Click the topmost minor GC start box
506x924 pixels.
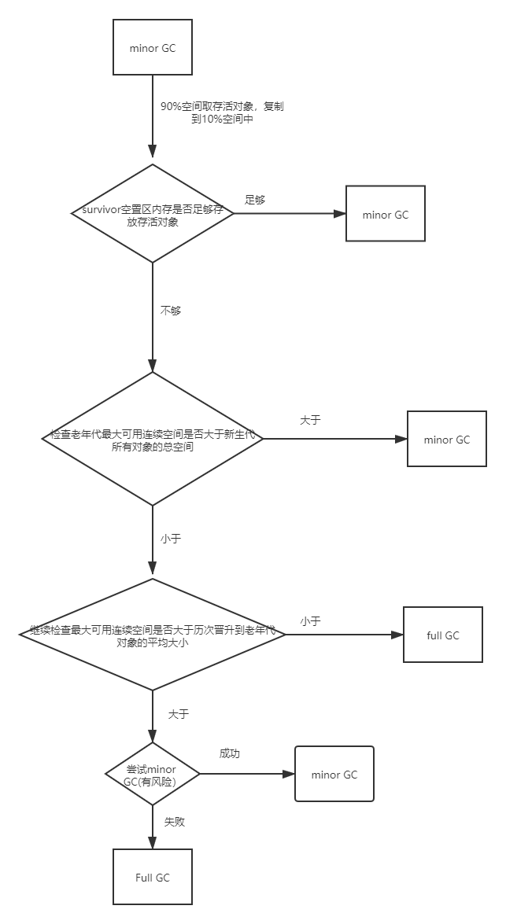[x=153, y=48]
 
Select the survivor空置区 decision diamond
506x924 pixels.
[x=153, y=213]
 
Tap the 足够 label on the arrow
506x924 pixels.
[x=255, y=200]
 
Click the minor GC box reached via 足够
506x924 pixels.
[x=386, y=214]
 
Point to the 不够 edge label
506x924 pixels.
[x=171, y=311]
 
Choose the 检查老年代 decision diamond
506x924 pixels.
[x=153, y=439]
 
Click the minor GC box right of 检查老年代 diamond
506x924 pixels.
[x=446, y=440]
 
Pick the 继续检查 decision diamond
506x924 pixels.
[x=153, y=635]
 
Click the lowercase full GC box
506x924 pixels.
[x=443, y=635]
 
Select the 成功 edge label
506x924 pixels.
[x=230, y=753]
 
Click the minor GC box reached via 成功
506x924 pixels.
[x=334, y=775]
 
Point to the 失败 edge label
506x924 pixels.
[x=174, y=822]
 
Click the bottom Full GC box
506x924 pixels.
[x=153, y=877]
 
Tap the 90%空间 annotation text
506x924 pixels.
[x=222, y=113]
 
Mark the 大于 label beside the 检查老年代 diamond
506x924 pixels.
[x=310, y=420]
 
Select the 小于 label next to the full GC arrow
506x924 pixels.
[x=310, y=621]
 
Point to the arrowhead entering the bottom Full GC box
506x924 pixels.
[x=153, y=843]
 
